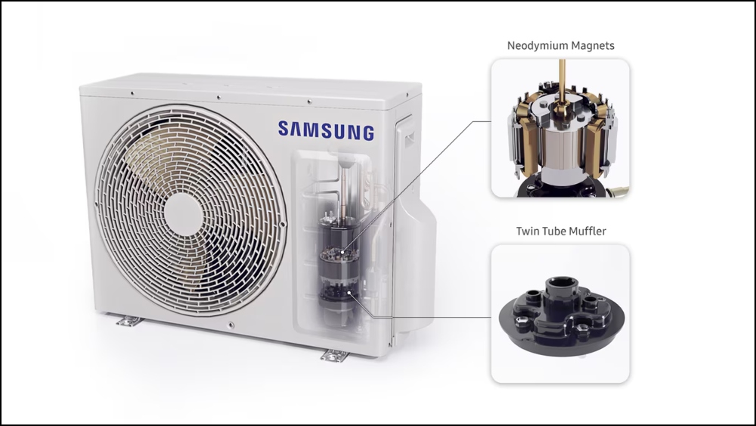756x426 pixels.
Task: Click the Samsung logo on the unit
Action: [x=326, y=130]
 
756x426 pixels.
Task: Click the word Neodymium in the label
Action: [x=532, y=45]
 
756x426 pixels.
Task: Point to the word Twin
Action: [x=528, y=231]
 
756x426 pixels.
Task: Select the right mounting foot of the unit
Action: [x=333, y=353]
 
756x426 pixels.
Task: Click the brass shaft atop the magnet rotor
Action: [x=560, y=83]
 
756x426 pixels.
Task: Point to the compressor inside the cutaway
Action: [x=339, y=257]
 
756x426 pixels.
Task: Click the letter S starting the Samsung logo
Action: [x=283, y=130]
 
